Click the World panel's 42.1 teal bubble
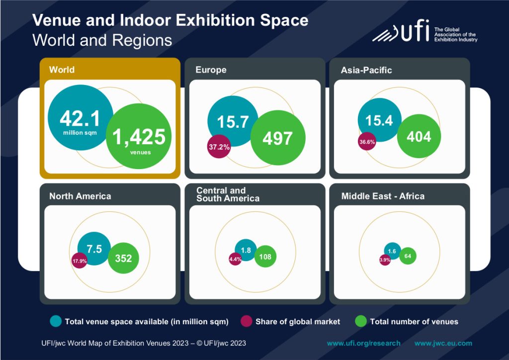pos(80,117)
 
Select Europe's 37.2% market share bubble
pos(219,147)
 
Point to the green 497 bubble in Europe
pos(277,138)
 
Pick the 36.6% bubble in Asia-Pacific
pos(367,141)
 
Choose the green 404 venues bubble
pos(419,137)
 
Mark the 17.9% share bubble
pos(80,261)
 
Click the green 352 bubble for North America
pos(123,259)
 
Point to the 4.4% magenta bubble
pos(235,259)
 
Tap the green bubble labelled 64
pos(408,256)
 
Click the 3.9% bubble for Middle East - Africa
pos(385,260)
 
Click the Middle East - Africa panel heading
pos(383,196)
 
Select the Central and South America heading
pos(228,194)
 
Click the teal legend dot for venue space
pos(56,321)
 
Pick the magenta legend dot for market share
pos(246,321)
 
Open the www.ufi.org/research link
pos(363,343)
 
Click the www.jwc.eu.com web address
pos(443,343)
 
